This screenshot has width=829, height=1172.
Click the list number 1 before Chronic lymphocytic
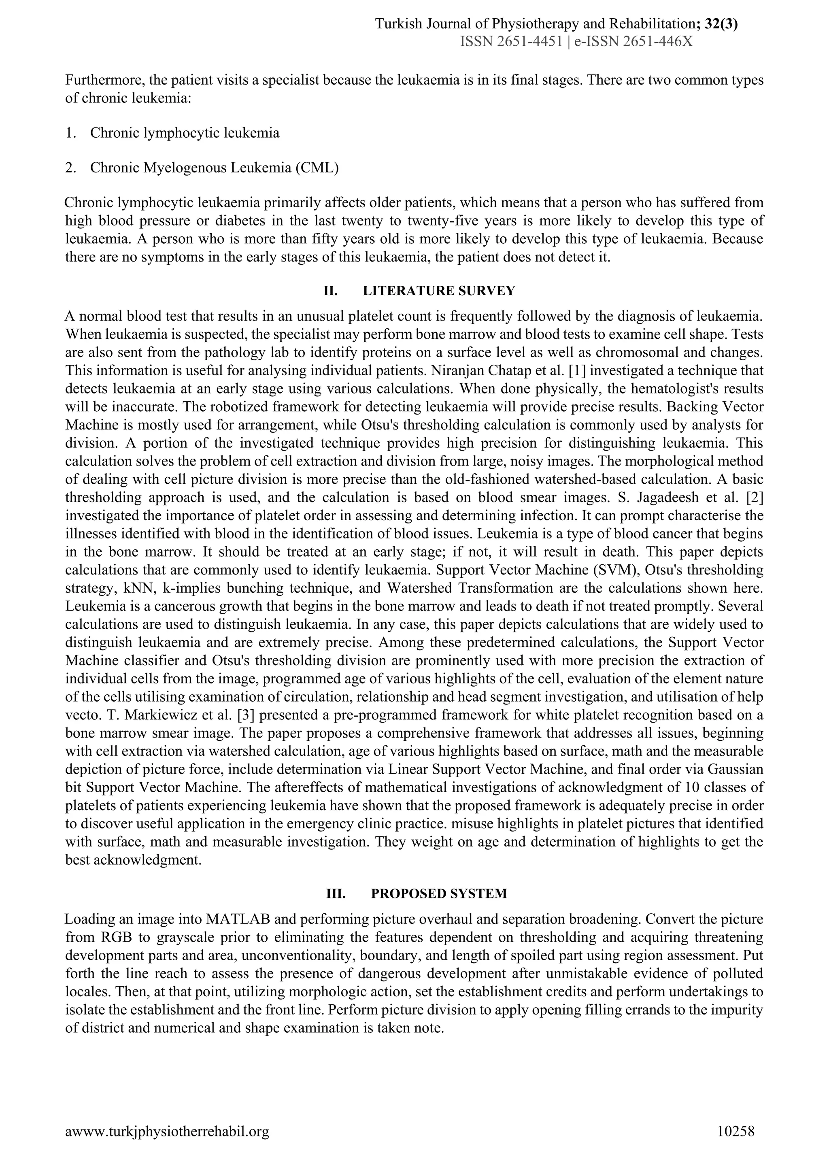[x=70, y=133]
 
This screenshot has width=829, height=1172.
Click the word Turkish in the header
[x=395, y=23]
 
